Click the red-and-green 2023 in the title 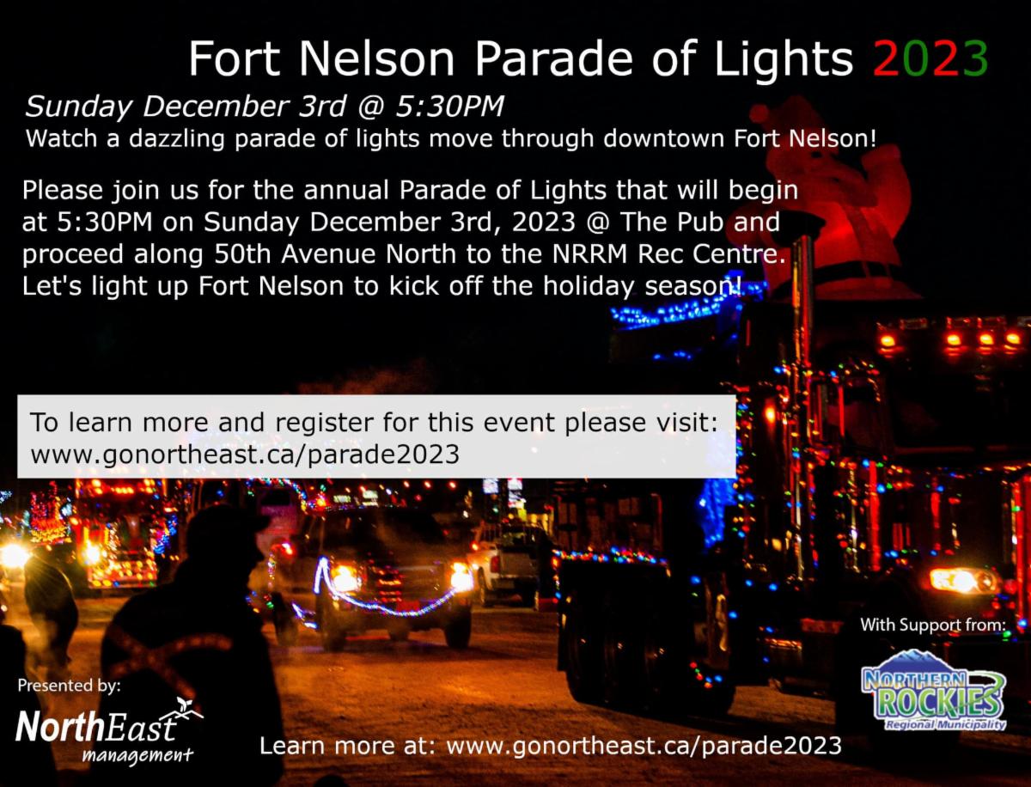(930, 58)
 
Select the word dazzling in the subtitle (177, 139)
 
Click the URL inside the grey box (245, 455)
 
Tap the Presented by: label (69, 686)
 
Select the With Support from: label (933, 625)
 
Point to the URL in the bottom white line (644, 746)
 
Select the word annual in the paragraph (346, 190)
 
